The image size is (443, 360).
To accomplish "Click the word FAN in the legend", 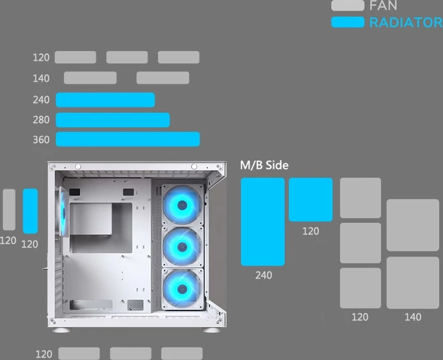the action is [383, 5].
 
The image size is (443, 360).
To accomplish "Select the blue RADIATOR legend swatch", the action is [348, 22].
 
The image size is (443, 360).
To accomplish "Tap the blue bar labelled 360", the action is [128, 139].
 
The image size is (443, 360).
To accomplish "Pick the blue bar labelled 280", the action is [113, 120].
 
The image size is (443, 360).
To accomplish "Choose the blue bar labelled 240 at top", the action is [105, 100].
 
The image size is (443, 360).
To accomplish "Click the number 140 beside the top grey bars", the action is [41, 78].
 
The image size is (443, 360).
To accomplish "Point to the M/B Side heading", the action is [264, 165].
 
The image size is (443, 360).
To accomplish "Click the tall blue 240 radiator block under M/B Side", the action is [263, 221].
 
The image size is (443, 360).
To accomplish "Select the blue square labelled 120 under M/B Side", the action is [311, 200].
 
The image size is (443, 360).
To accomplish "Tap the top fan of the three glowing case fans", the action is [182, 205].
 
